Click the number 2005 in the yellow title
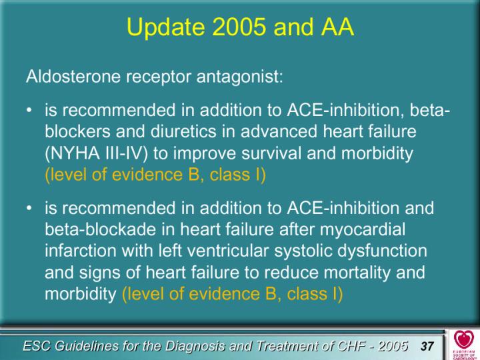click(x=239, y=26)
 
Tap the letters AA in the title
click(x=337, y=26)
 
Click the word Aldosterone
click(x=73, y=76)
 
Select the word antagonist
click(x=240, y=77)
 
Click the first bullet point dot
click(x=29, y=110)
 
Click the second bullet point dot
click(x=29, y=208)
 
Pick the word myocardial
click(x=363, y=229)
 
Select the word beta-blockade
click(x=101, y=229)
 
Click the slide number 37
click(x=427, y=346)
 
